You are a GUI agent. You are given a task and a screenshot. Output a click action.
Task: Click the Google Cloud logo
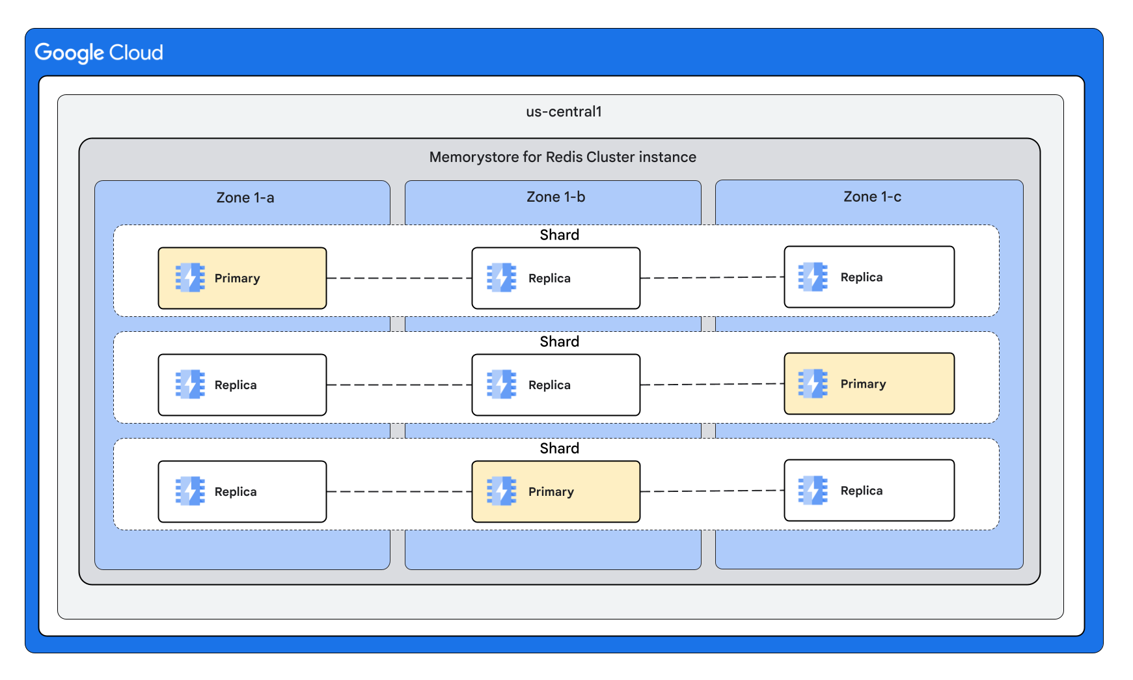(x=99, y=53)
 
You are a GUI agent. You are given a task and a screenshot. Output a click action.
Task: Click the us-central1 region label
(x=564, y=112)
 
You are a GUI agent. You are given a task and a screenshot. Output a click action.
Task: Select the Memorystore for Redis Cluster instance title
(x=562, y=157)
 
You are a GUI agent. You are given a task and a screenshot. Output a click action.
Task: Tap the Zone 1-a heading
(x=245, y=198)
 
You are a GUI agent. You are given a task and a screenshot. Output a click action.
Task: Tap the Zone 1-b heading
(x=556, y=197)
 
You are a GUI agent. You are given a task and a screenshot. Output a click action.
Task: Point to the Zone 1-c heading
(x=872, y=197)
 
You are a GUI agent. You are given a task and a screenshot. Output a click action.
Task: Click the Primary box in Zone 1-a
(x=242, y=278)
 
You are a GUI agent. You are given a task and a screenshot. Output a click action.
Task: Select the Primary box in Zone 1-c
(x=869, y=384)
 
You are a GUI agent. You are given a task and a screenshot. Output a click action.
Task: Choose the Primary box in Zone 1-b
(x=556, y=492)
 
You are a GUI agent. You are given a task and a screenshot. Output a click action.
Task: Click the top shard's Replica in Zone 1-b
(x=556, y=278)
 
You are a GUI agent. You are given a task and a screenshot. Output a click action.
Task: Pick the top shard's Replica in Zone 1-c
(x=869, y=277)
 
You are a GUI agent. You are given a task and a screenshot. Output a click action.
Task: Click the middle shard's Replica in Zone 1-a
(x=242, y=385)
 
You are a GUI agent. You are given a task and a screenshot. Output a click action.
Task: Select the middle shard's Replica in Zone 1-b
(x=556, y=385)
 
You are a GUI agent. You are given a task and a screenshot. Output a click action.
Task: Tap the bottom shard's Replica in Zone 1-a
(x=242, y=492)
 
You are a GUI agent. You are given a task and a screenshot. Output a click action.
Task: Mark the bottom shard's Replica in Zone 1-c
(x=869, y=491)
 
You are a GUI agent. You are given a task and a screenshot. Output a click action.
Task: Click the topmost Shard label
(x=559, y=235)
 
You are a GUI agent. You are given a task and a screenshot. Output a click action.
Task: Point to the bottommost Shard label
(x=559, y=448)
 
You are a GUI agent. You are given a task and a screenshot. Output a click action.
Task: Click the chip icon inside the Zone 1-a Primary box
(x=190, y=278)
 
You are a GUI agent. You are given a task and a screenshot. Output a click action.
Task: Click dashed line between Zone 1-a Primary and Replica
(x=399, y=278)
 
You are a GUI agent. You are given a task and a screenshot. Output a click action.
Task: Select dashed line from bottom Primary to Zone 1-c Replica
(x=712, y=491)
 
